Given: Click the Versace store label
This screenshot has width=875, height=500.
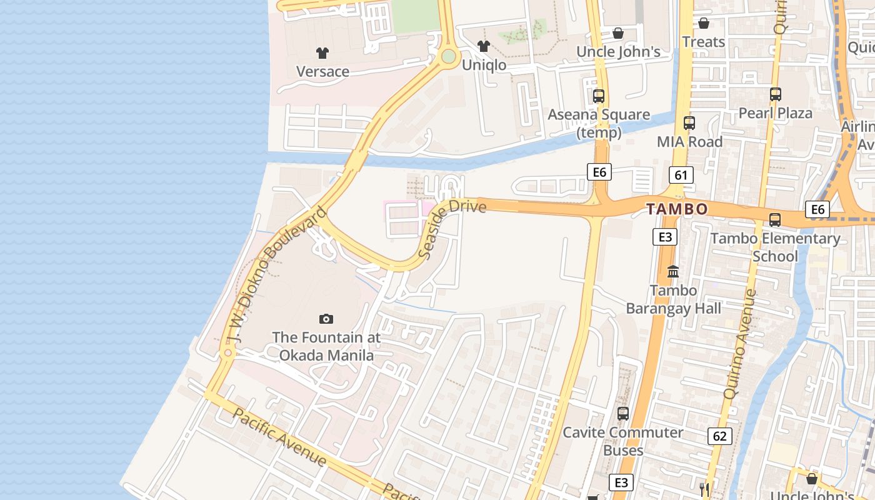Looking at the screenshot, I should click(x=322, y=71).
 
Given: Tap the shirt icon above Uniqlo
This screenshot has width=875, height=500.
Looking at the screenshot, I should click(x=483, y=46).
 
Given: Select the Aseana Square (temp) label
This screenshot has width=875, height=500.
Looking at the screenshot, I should click(x=599, y=124).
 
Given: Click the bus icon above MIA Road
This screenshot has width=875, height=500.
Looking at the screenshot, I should click(x=689, y=123).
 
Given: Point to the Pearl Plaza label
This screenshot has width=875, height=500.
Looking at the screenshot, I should click(x=775, y=113).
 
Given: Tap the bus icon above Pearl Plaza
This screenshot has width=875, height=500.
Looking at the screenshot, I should click(x=776, y=94).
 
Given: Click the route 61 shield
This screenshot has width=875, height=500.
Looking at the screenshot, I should click(x=681, y=175).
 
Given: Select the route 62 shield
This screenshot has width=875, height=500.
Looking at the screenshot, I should click(x=719, y=436).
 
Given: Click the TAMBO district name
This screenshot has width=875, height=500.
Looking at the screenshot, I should click(x=677, y=209).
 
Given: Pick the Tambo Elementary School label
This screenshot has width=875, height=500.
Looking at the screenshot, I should click(x=775, y=247).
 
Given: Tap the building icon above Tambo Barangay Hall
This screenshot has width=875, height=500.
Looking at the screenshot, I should click(x=673, y=272).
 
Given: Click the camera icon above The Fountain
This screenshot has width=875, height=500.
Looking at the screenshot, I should click(x=326, y=319).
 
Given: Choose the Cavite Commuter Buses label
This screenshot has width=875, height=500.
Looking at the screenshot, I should click(x=623, y=441).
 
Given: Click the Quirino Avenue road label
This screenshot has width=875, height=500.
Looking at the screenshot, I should click(x=740, y=344).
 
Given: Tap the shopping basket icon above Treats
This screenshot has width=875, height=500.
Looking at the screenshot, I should click(x=704, y=23).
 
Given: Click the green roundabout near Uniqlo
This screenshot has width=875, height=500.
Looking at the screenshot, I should click(x=448, y=56).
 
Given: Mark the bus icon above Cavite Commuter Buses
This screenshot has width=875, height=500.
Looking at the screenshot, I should click(x=623, y=413).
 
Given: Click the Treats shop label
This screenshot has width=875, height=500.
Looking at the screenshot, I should click(x=704, y=42).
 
